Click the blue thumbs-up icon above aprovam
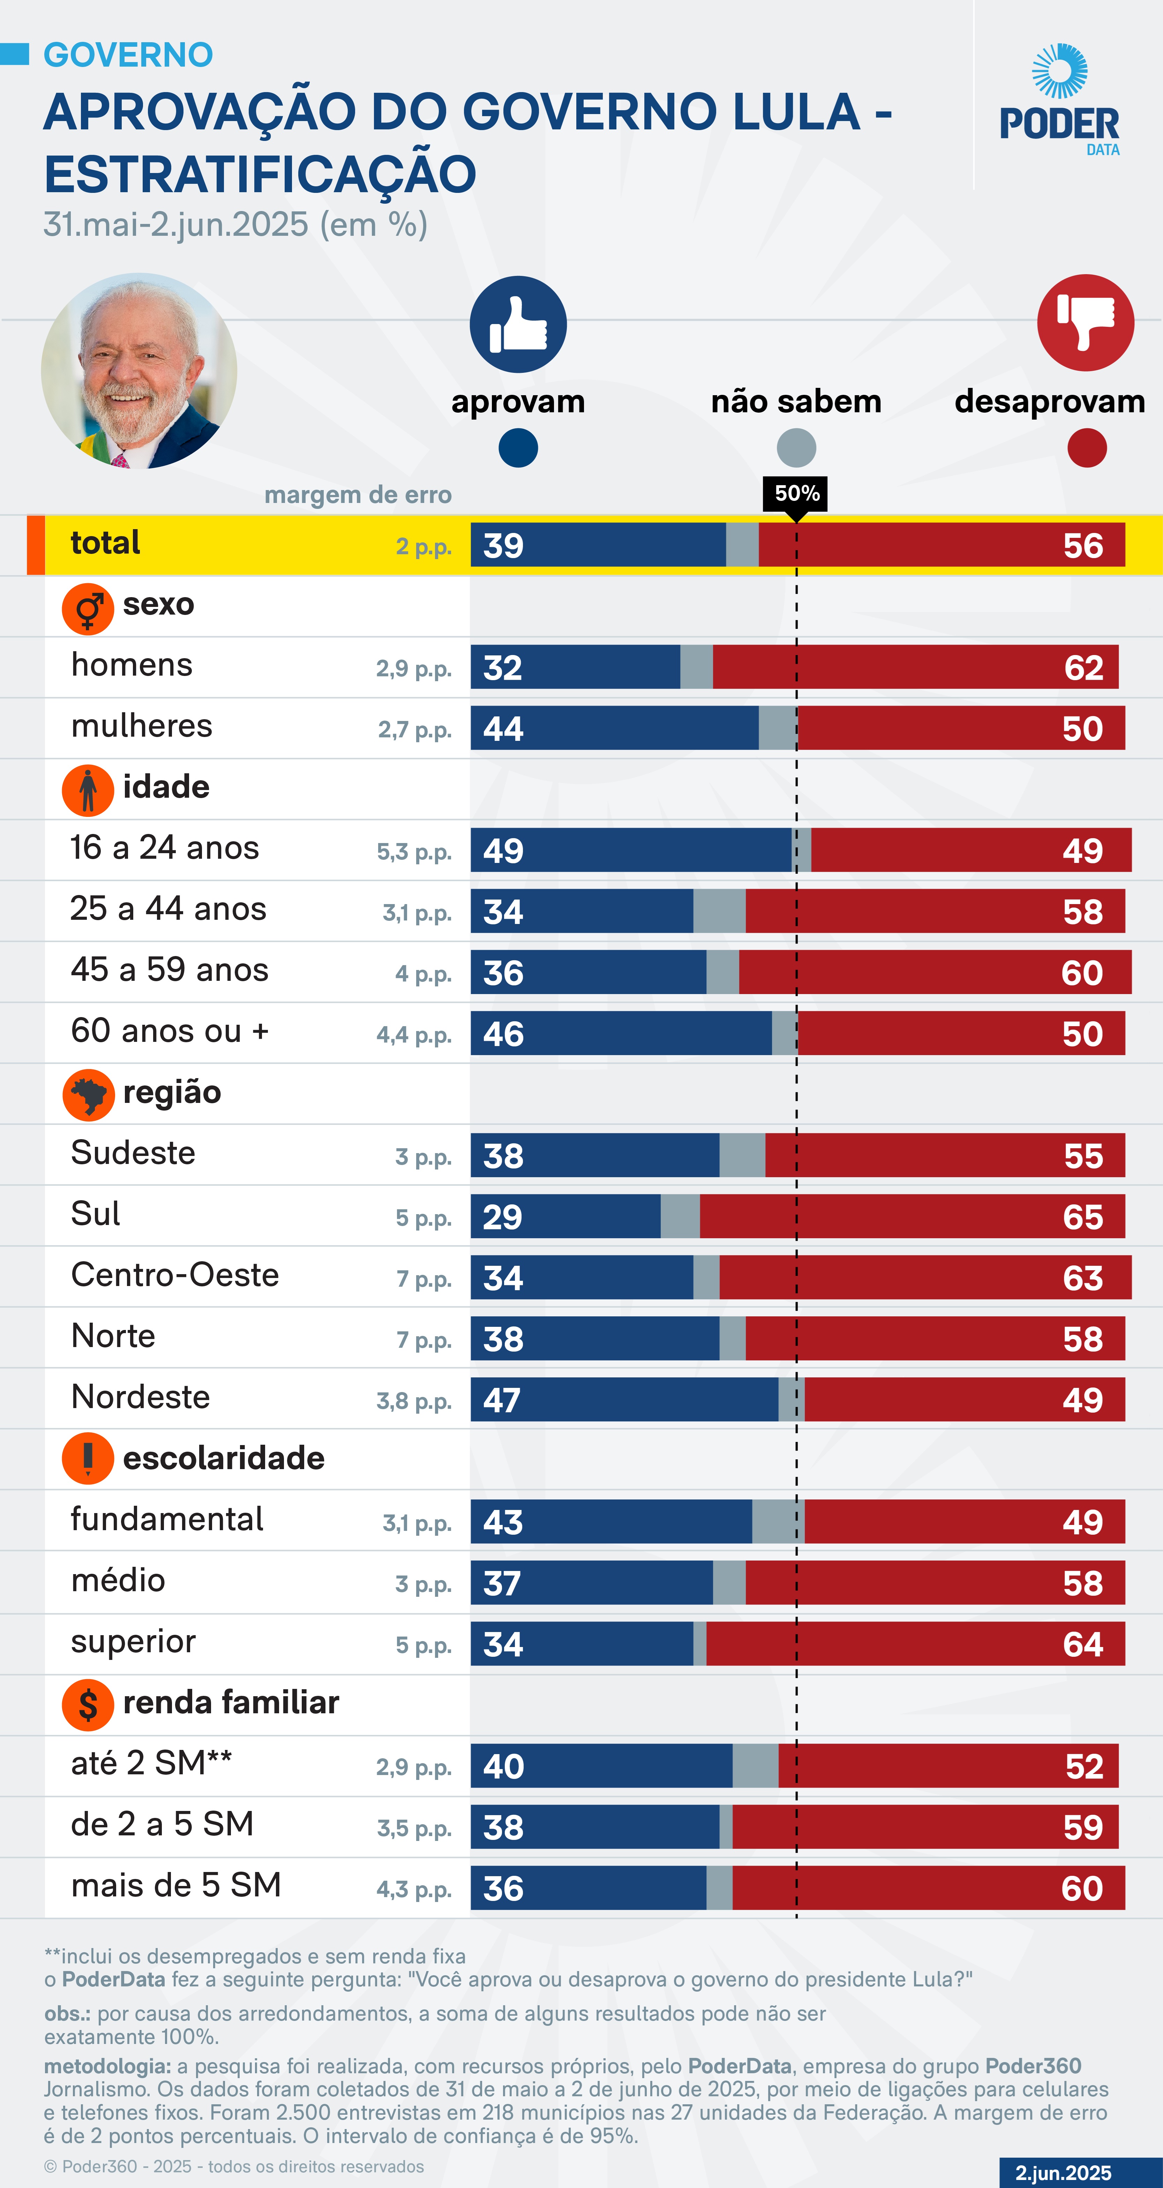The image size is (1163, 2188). (x=518, y=324)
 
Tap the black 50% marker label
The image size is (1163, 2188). (x=796, y=494)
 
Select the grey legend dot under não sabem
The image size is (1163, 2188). (x=796, y=448)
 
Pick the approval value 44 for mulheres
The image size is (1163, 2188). (x=503, y=729)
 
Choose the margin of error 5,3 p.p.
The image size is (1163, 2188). (x=414, y=852)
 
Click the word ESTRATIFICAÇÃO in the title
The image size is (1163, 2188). (x=260, y=175)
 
